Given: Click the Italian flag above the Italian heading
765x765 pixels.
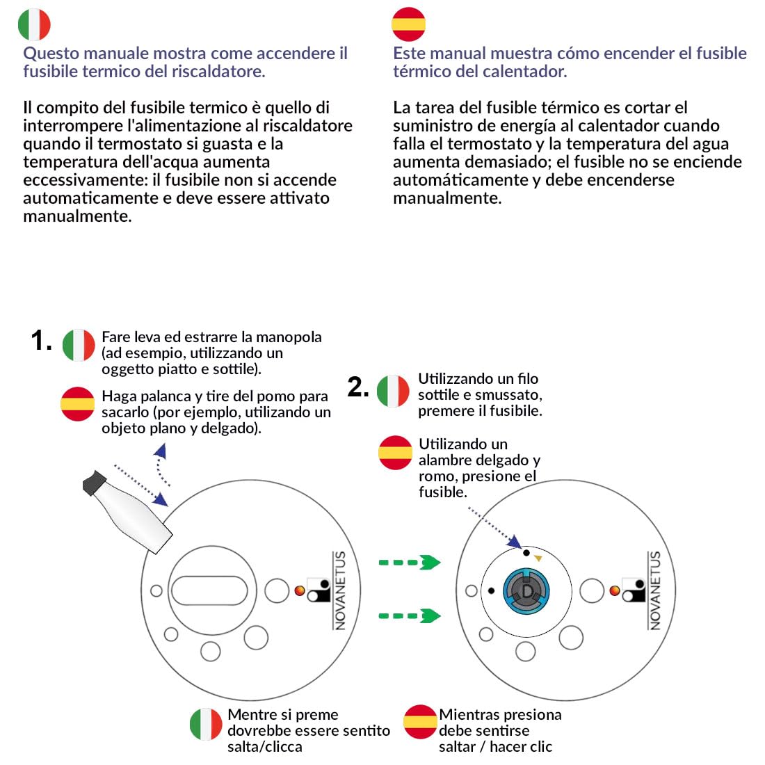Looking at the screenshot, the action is click(x=34, y=24).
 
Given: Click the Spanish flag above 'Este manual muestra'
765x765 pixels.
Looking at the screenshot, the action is click(x=408, y=24).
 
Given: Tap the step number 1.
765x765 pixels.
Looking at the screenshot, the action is click(x=41, y=340).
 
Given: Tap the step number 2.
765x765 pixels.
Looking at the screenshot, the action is click(x=357, y=387).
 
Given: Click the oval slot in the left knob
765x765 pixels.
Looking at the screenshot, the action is click(x=210, y=590).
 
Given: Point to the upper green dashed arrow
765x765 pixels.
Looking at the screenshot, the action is click(x=410, y=563).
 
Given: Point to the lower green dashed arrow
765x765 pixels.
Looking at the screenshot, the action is click(x=410, y=615).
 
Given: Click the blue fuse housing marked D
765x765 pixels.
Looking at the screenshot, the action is click(x=526, y=591).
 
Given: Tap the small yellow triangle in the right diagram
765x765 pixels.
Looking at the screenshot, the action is click(x=538, y=558).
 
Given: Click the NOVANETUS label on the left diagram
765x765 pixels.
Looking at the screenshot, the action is click(x=340, y=590).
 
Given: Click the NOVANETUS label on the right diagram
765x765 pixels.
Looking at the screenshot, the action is click(x=655, y=590).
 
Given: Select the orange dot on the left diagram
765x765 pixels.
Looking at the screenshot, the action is click(x=300, y=591).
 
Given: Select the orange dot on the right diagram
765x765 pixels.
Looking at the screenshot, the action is click(x=615, y=591).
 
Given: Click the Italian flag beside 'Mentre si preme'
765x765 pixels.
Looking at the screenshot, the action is click(x=206, y=724).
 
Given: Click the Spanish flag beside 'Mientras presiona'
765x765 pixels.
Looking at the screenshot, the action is click(x=420, y=722).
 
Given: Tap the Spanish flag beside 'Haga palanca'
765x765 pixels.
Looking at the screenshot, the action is click(x=78, y=404).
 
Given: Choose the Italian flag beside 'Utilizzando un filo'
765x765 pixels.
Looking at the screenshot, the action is click(x=393, y=391).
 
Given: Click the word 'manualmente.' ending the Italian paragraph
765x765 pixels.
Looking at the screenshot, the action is click(x=78, y=216).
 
